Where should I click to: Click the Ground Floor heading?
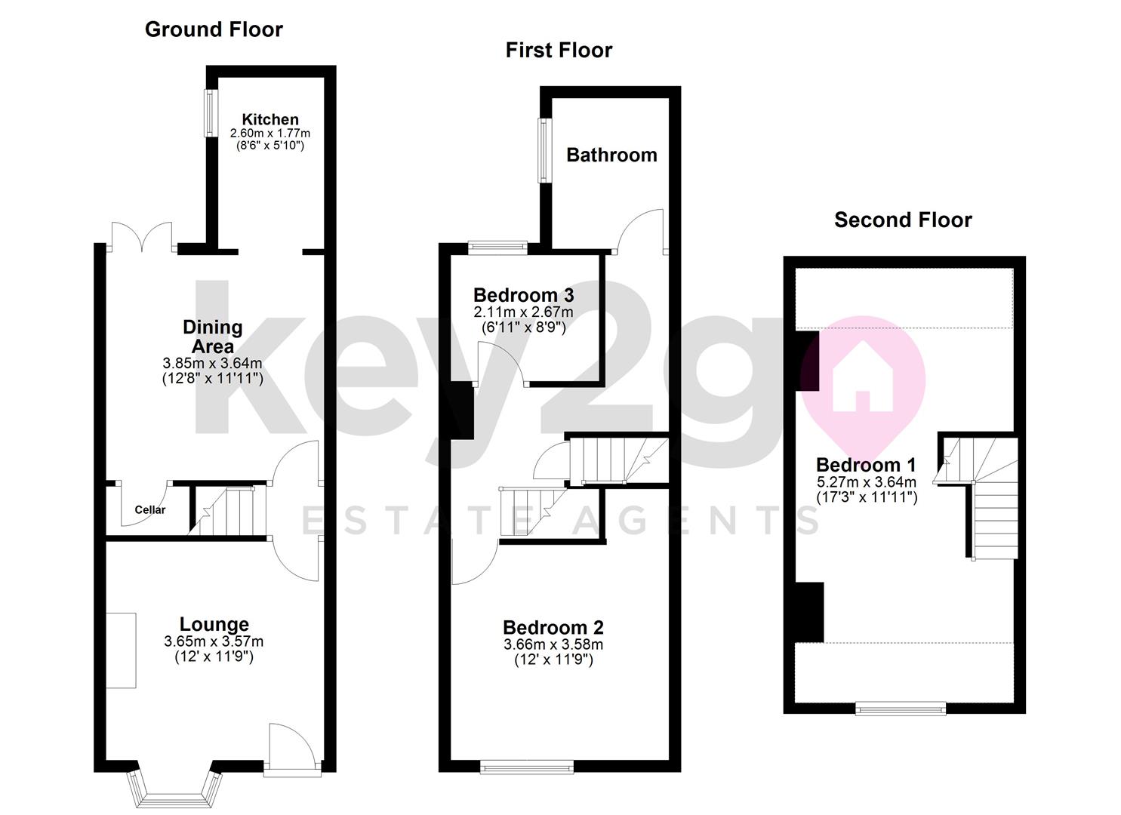(214, 29)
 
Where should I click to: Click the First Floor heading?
(559, 51)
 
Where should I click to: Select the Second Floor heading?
(903, 220)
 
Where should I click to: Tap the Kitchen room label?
(270, 119)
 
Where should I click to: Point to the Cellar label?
(149, 509)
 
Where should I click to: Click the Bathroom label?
(611, 155)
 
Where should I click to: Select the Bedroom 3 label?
(523, 295)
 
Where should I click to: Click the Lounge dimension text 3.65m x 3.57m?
(214, 641)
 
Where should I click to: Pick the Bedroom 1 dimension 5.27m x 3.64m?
(867, 482)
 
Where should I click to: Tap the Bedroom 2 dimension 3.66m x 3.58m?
(553, 644)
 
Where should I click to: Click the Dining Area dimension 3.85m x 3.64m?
(213, 363)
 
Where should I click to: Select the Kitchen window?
(210, 114)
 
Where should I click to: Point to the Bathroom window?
(543, 149)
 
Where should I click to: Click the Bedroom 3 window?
(497, 245)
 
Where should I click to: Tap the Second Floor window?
(900, 708)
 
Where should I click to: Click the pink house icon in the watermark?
(862, 377)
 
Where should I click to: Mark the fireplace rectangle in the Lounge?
(121, 650)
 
